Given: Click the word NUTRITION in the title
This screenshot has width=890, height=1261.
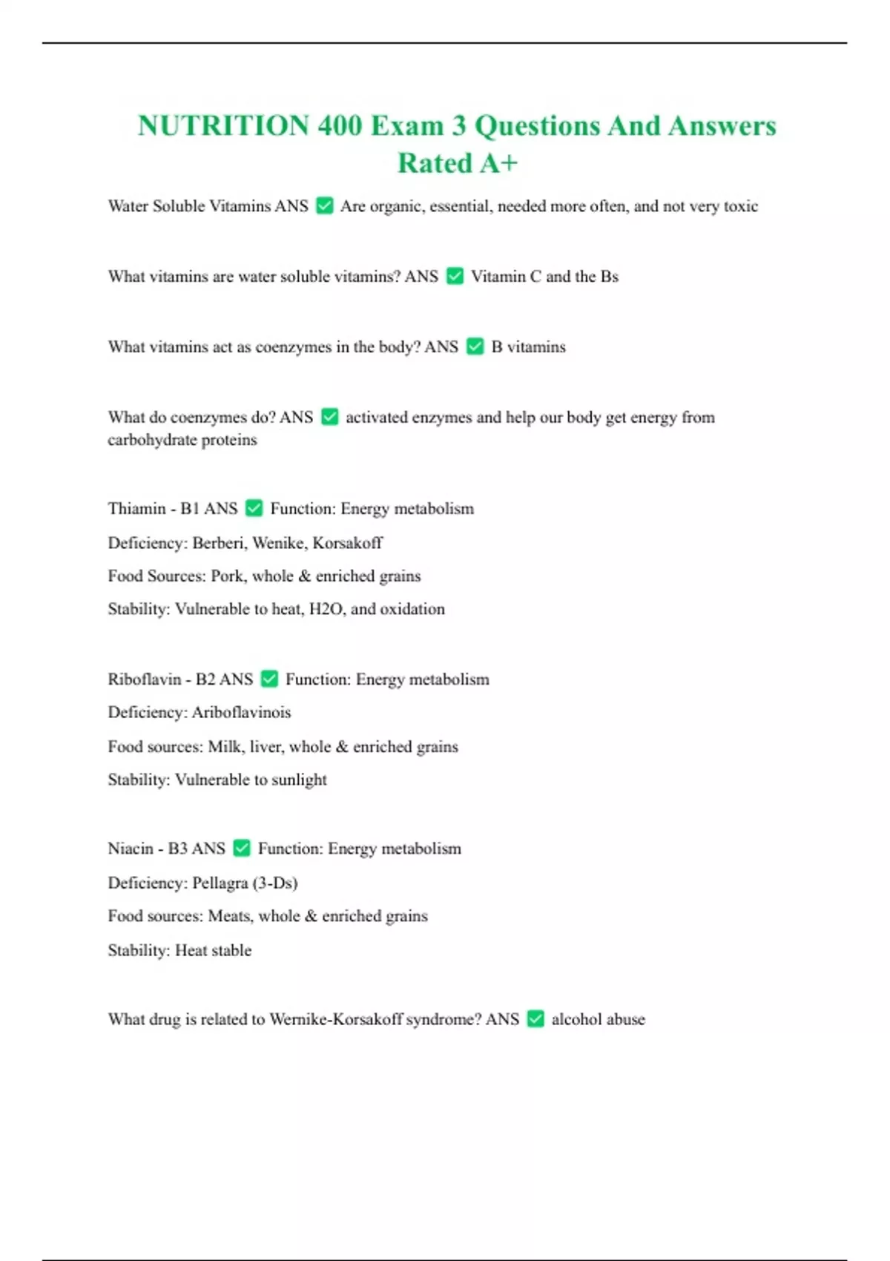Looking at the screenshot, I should point(223,126).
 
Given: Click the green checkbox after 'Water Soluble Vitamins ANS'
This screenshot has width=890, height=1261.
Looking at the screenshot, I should point(324,205).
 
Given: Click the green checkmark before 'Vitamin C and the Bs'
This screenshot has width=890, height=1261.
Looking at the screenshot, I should point(455,276).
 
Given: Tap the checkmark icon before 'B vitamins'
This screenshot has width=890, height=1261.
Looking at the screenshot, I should point(475,346).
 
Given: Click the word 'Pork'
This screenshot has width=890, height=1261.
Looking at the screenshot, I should point(227,576).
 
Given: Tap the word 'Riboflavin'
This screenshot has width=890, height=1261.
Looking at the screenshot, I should point(144,679).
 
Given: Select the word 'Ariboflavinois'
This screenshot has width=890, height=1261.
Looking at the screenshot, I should point(241,713).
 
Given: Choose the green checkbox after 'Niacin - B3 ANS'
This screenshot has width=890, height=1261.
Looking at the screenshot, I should point(241,848).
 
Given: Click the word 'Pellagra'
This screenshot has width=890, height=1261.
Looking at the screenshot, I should point(220,883).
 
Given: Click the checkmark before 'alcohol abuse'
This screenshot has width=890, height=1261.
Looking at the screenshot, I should point(535,1019).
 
